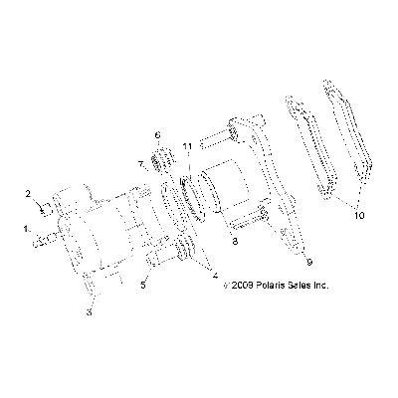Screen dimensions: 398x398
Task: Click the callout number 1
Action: coord(26,228)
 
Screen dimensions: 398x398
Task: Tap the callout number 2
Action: coord(29,193)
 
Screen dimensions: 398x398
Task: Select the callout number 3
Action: coord(89,312)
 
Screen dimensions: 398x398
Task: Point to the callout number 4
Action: coord(215,275)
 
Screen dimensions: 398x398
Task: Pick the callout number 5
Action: coord(143,286)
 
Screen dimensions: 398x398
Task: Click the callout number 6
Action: coord(157,135)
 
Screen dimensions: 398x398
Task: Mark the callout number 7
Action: coord(141,164)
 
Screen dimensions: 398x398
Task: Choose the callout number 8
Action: coord(235,242)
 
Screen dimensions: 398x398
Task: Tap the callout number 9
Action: coord(309,262)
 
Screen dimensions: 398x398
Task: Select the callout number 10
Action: coord(359,215)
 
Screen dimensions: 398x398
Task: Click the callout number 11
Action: coord(188,146)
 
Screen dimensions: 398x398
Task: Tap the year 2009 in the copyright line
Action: coord(243,285)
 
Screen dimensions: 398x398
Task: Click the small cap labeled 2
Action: coord(46,209)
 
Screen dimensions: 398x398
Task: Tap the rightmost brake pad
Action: coord(348,139)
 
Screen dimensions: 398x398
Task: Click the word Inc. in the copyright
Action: coord(321,285)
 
